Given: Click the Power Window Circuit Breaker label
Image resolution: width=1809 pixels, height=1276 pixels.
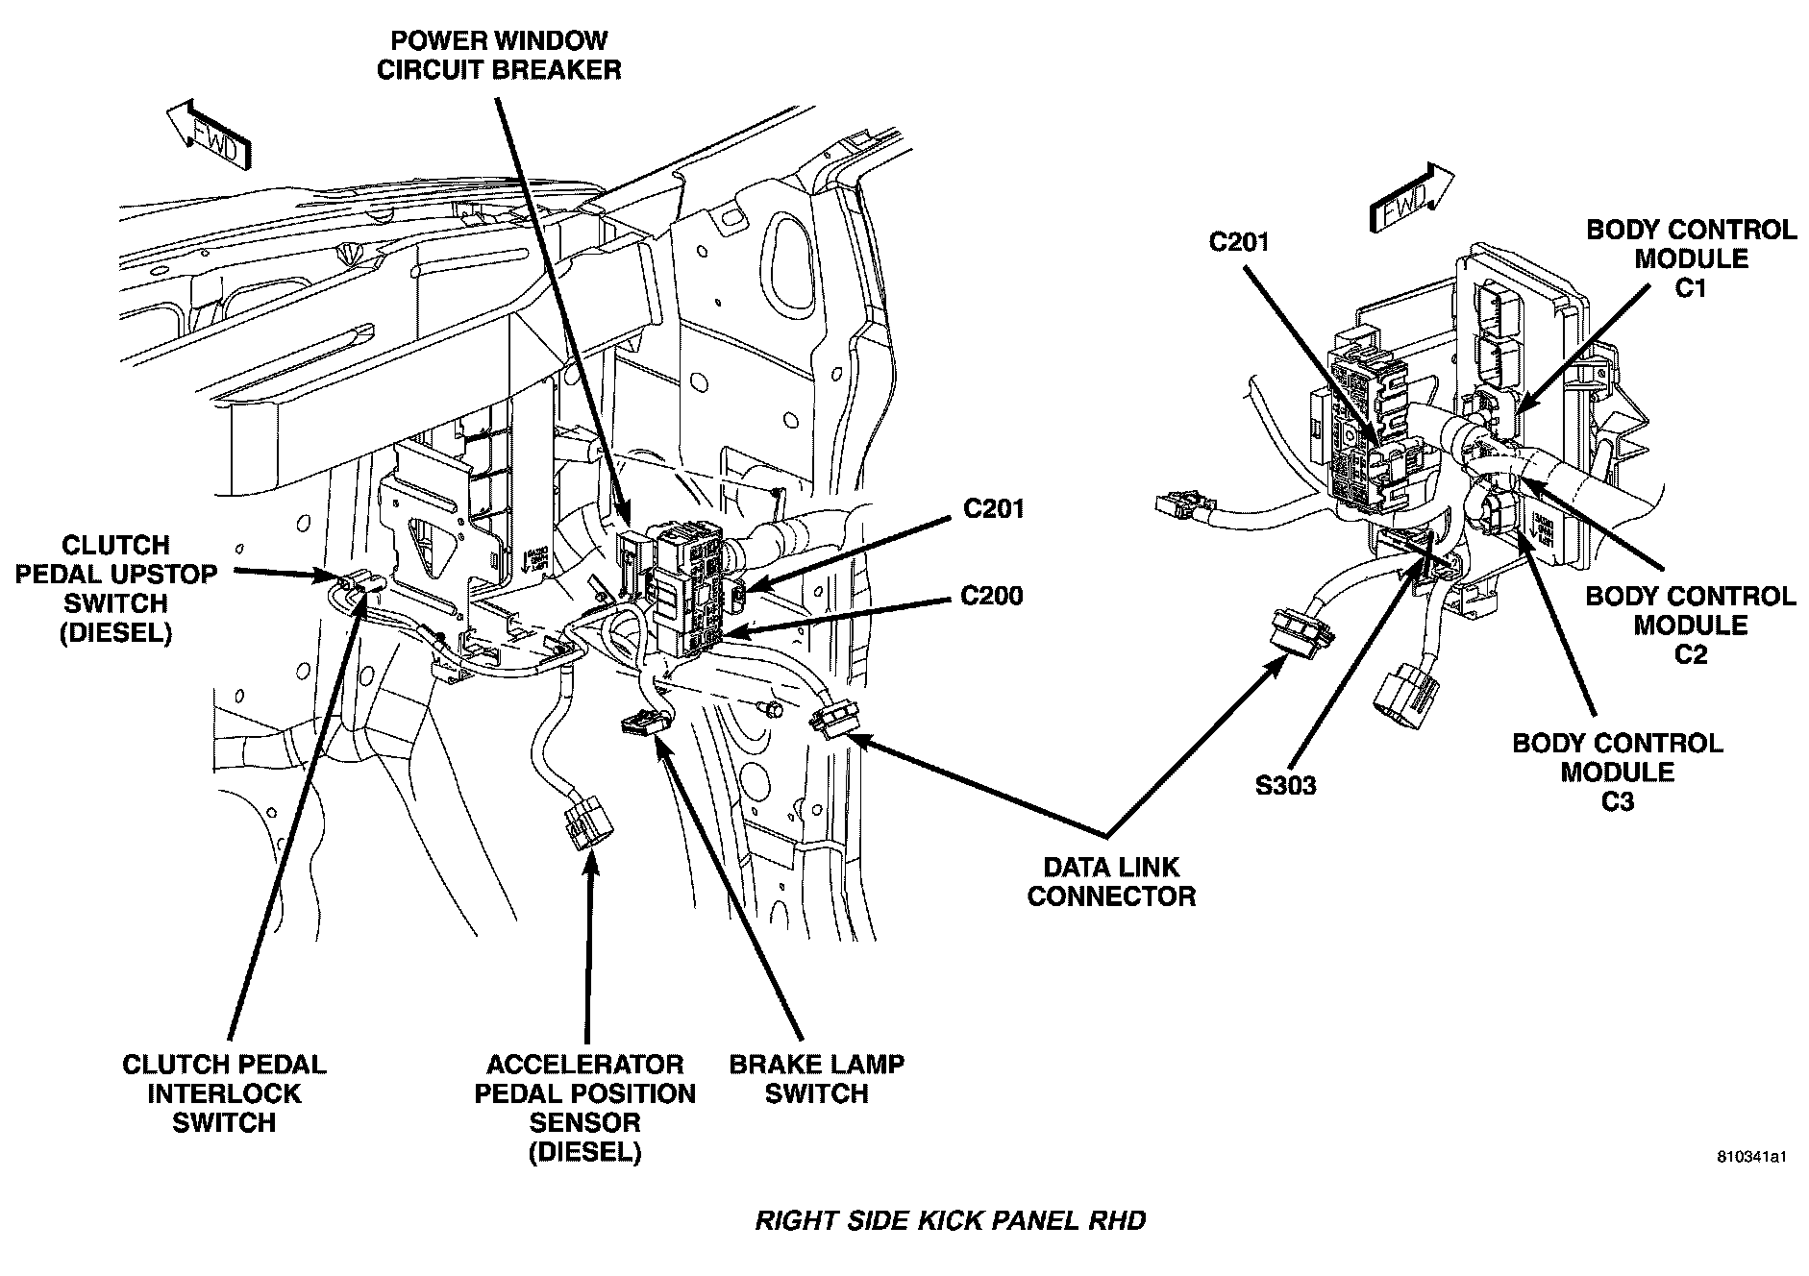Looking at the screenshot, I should click(x=498, y=56).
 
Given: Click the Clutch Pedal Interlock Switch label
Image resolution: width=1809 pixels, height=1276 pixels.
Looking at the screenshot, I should click(x=224, y=1092).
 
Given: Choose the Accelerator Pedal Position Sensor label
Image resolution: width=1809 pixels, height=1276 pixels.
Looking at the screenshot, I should click(x=584, y=1107).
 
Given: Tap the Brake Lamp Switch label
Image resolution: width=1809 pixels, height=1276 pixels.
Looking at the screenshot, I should click(x=816, y=1078).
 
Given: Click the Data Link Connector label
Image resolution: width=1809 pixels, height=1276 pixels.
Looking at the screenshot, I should click(x=1110, y=881).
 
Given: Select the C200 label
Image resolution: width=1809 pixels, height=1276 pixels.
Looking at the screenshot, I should click(x=991, y=597).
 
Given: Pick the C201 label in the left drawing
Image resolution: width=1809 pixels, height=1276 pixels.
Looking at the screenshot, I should click(x=993, y=508).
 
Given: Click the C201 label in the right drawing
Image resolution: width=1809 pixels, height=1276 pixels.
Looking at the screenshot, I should click(x=1238, y=241).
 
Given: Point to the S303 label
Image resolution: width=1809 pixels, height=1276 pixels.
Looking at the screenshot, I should click(x=1285, y=785).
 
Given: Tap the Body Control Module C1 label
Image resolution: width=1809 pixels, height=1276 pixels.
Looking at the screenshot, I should click(x=1690, y=258).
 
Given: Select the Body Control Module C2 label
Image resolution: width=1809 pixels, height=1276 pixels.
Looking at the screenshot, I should click(x=1690, y=625).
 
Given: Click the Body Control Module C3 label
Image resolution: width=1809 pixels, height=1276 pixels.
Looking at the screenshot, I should click(x=1617, y=772).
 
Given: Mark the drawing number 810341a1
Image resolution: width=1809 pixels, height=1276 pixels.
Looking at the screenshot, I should click(x=1750, y=1184).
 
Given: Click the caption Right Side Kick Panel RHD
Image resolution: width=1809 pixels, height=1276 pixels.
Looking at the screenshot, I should click(x=950, y=1220).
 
